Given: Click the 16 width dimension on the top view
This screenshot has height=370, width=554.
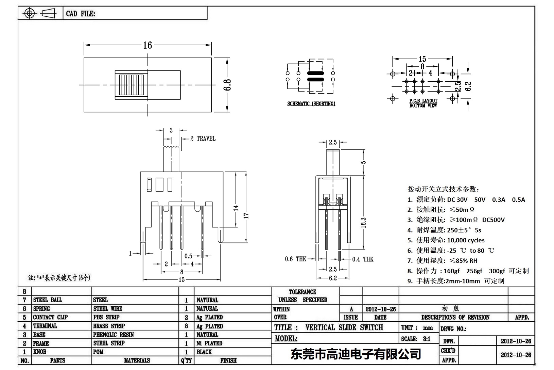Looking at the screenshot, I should point(148,45).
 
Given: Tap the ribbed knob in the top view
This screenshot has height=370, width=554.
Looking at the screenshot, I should point(131,85).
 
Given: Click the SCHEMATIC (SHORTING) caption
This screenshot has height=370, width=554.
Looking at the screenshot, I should point(311,103).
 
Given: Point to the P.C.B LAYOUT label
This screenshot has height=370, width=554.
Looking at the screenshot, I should point(423,101).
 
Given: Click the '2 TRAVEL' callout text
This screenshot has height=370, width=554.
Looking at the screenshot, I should point(203,139).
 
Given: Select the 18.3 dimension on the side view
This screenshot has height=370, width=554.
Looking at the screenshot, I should point(363,223).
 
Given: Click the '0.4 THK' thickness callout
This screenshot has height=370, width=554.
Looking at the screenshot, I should point(363,259).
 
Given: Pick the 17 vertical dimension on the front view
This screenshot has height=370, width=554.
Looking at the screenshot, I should point(246,215).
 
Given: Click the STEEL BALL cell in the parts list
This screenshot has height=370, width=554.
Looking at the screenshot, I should point(48,300).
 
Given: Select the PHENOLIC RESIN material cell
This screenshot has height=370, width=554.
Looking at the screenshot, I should point(114,335).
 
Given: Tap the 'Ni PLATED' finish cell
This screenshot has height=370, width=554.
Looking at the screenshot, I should point(209,343).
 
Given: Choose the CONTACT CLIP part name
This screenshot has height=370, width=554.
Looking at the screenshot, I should point(50,317).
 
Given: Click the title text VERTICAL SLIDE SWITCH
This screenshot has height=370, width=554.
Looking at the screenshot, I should point(344,327).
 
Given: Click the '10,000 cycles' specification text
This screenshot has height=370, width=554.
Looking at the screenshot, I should point(466,240).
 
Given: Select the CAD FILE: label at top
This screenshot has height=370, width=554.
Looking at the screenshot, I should point(81,14).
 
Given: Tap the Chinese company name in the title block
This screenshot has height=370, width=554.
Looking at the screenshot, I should point(356,354).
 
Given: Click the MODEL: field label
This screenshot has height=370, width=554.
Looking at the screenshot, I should point(286,339).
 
